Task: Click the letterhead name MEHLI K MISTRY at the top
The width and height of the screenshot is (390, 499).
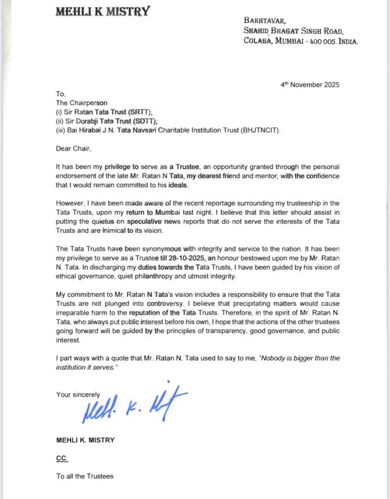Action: coord(102,11)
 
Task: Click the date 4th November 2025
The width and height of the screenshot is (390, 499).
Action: coord(310,85)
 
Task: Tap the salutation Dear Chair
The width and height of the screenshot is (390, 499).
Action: coord(75,149)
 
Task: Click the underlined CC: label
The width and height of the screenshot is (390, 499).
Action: coord(63,458)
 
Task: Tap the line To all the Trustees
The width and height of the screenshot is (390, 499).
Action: coord(85,476)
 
